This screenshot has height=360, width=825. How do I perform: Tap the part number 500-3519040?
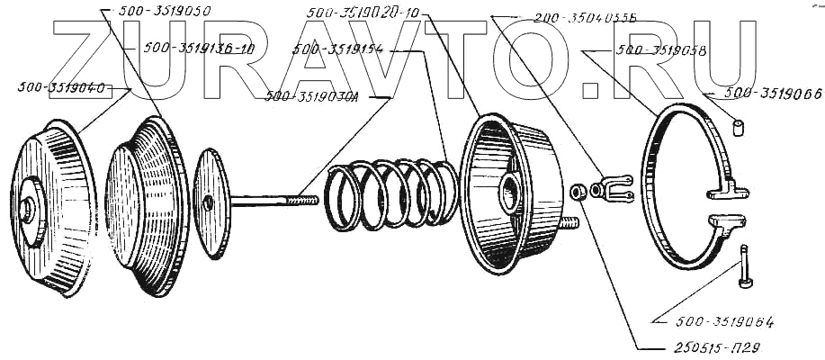pos(73,88)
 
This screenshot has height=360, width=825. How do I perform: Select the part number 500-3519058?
pos(661,51)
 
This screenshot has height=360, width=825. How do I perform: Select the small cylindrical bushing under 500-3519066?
pos(741,128)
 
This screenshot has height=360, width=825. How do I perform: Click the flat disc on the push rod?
pos(211,202)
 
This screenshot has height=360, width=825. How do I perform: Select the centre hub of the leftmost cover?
pos(27,212)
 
